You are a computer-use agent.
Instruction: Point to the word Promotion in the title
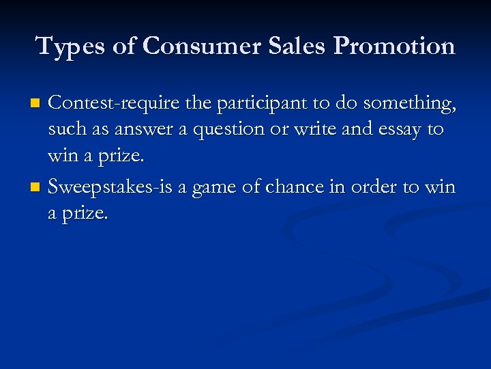395,46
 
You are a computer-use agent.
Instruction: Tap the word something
409,103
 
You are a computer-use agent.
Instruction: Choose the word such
65,131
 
